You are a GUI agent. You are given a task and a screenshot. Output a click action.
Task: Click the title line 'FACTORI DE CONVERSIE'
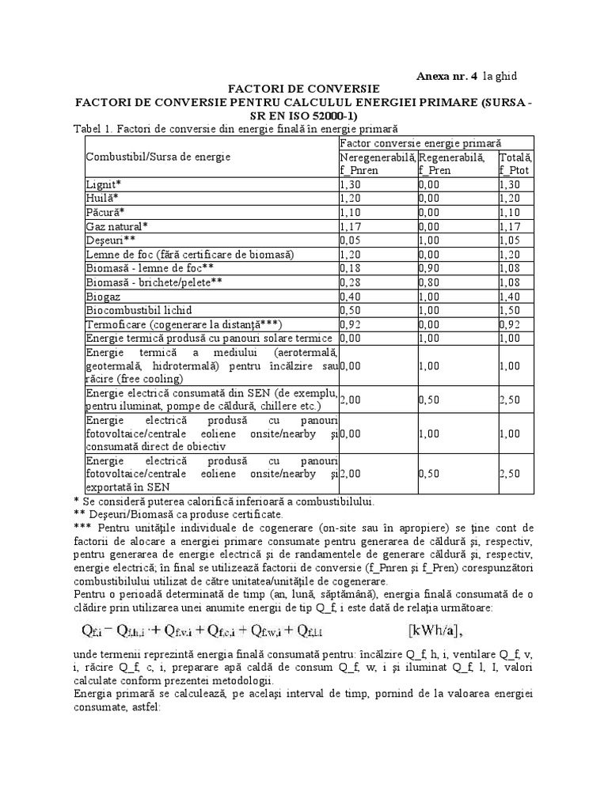pos(304,89)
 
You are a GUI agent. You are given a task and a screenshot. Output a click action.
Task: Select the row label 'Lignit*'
pos(103,184)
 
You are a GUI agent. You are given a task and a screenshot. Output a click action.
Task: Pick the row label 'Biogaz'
pos(103,297)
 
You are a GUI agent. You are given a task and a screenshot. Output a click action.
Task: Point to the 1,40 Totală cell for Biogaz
pos(511,297)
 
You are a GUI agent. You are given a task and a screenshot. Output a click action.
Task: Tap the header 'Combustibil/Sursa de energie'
pos(158,157)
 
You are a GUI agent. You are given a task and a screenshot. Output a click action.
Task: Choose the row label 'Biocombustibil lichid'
pos(139,311)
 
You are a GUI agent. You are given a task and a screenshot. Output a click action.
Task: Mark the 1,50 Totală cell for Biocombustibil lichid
pos(511,311)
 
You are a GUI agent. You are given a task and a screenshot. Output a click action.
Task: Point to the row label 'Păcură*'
pos(106,212)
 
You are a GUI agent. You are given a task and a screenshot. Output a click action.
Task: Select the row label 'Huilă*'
pos(103,198)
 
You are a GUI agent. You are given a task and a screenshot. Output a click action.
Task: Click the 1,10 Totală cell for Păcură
pos(511,212)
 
